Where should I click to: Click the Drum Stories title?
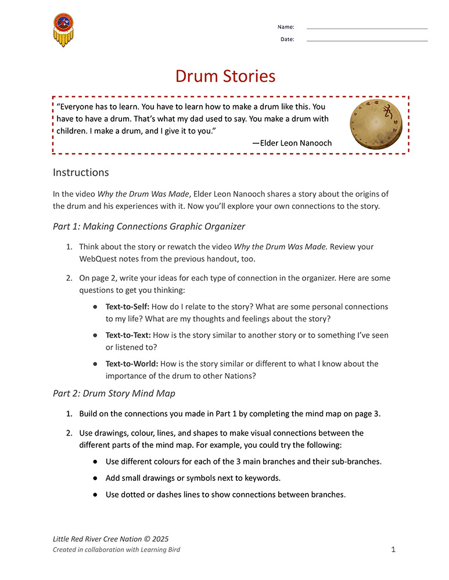point(225,76)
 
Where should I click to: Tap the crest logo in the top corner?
point(63,30)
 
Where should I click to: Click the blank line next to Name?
point(367,28)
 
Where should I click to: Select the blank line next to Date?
point(367,40)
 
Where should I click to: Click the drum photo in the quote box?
point(376,124)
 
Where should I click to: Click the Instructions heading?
point(81,172)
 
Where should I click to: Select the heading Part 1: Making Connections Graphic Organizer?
point(149,226)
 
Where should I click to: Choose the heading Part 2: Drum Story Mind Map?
point(114,393)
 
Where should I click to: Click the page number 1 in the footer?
point(393,549)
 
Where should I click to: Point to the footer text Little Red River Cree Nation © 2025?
point(110,539)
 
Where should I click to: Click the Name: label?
point(286,27)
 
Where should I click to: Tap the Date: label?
point(287,39)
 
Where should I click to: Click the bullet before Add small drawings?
point(94,478)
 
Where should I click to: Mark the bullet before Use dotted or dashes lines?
point(94,495)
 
